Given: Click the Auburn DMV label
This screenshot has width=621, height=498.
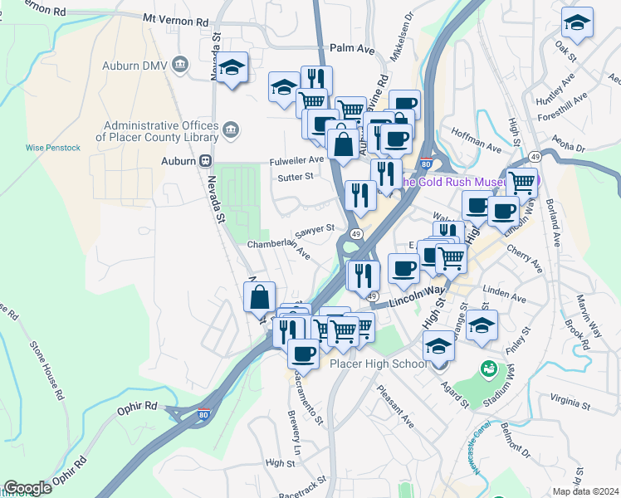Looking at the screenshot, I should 134,65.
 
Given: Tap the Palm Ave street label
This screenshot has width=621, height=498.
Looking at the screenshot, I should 352,49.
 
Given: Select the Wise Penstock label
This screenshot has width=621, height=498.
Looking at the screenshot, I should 52,148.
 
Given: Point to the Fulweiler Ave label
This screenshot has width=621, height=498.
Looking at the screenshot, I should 296,159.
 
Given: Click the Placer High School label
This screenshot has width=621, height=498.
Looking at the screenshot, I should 378,364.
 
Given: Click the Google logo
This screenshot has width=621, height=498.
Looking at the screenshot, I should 27,488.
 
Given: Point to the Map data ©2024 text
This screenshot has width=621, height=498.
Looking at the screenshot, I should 586,491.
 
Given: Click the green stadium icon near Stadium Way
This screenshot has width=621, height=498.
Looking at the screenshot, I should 489,367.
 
